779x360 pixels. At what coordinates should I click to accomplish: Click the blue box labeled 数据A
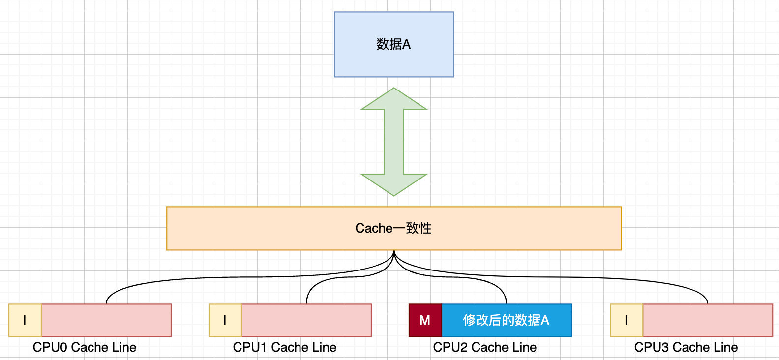point(393,44)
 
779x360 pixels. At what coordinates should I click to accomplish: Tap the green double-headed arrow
point(394,142)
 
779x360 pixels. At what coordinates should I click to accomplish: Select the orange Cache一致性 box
point(393,228)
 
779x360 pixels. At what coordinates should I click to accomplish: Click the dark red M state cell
point(425,320)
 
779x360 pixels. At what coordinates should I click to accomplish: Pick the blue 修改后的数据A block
point(506,320)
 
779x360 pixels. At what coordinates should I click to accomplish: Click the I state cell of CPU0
point(25,320)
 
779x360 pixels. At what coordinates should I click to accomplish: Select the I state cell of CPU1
point(225,320)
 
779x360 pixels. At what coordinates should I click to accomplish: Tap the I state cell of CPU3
point(626,320)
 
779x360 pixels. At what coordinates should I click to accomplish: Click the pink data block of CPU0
point(106,320)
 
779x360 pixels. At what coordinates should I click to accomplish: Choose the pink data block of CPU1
point(306,320)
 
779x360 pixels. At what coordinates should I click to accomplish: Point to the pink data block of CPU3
point(707,320)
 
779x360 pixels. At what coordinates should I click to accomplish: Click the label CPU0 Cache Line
point(85,347)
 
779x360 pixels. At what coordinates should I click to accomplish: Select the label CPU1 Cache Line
point(285,347)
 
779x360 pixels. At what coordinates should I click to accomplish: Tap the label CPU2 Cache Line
point(485,347)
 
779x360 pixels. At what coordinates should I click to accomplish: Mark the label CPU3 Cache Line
point(686,347)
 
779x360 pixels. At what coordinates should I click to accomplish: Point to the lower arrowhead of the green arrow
point(394,184)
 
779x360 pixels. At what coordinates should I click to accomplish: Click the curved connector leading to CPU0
point(197,279)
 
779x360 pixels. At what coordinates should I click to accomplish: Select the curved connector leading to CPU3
point(590,278)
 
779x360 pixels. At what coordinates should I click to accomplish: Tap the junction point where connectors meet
point(394,253)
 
